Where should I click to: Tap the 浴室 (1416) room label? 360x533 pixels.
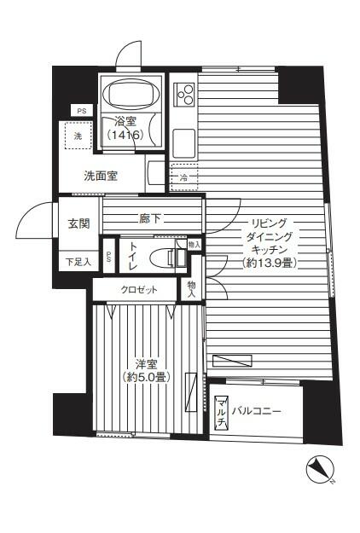[125, 128]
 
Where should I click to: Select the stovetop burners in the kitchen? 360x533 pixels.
[184, 94]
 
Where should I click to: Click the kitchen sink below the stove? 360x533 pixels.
[184, 143]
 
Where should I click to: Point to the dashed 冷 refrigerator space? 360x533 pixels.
[184, 177]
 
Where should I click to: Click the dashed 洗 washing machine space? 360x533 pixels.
[78, 136]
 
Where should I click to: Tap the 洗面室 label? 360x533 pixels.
[101, 176]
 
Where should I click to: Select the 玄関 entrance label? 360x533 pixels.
[78, 223]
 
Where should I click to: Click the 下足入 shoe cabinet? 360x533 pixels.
[78, 262]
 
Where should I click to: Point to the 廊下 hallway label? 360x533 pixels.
[149, 218]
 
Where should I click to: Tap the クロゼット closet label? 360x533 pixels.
[139, 290]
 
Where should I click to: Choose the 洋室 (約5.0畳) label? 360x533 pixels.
[146, 370]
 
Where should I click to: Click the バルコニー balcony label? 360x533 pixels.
[257, 411]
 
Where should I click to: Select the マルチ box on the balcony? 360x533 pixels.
[221, 413]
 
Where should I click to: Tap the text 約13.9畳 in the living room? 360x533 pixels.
[270, 263]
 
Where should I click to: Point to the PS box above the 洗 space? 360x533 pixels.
[81, 111]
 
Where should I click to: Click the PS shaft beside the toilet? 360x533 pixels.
[109, 256]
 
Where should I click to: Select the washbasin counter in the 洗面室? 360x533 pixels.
[156, 173]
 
